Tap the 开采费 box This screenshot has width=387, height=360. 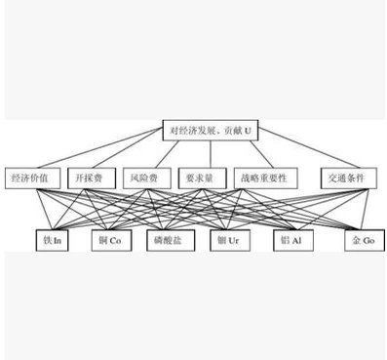click(x=91, y=180)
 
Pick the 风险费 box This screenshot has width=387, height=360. click(x=143, y=180)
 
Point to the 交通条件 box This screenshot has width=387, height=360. click(x=346, y=180)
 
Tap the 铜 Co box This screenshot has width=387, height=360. click(x=107, y=237)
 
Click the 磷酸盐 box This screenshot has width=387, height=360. click(x=166, y=237)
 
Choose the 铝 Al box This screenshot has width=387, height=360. click(x=290, y=237)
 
